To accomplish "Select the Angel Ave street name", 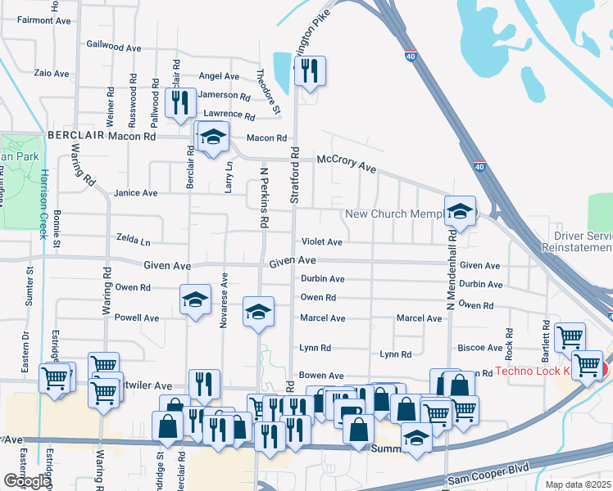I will [219, 76].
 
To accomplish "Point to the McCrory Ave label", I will [346, 164].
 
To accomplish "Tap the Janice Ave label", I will [135, 193].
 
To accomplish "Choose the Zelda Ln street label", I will [134, 242].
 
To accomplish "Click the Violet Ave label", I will [321, 242].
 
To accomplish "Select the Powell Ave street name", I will [136, 318].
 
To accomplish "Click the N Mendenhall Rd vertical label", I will [450, 270].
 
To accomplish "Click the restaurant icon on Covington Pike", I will [310, 72].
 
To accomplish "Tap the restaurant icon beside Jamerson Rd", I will [180, 103].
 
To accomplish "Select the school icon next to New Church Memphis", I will [461, 212].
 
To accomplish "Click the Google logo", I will [26, 481].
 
